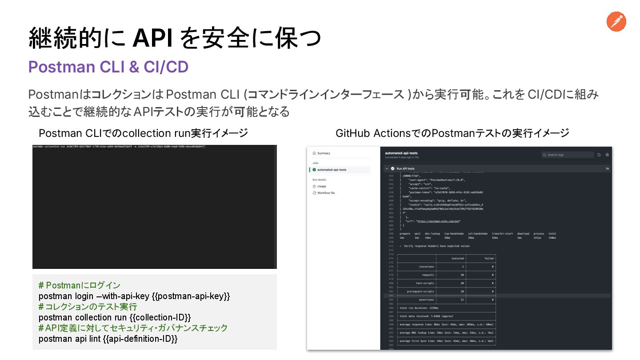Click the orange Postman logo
(616, 21)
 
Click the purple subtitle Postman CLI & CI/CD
(108, 67)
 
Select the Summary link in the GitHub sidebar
(324, 153)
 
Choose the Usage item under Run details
(321, 186)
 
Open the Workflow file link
(326, 193)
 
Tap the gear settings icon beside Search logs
(607, 155)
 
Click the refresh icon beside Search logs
(599, 155)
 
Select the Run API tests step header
(405, 169)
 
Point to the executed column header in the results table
(457, 258)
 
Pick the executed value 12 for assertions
(462, 300)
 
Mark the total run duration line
(419, 308)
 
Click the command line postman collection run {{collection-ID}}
(115, 317)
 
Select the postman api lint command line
(108, 339)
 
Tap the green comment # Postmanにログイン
(79, 285)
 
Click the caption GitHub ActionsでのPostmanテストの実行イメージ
(452, 133)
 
